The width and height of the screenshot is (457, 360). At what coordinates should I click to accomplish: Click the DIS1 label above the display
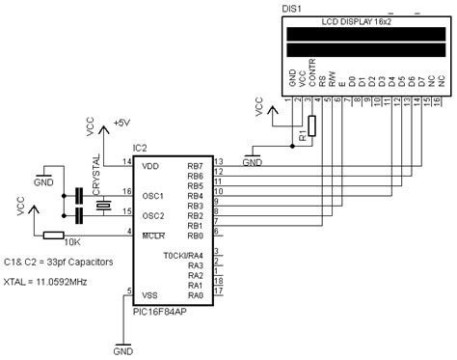pyautogui.click(x=290, y=8)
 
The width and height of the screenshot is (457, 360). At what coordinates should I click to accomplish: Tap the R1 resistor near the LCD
pyautogui.click(x=310, y=126)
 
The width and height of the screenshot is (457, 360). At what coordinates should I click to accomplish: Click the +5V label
pyautogui.click(x=121, y=124)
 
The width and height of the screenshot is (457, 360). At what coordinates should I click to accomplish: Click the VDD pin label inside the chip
pyautogui.click(x=151, y=165)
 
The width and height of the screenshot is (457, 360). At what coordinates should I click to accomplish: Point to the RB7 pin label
pyautogui.click(x=195, y=166)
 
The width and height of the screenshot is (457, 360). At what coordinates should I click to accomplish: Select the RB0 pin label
pyautogui.click(x=195, y=235)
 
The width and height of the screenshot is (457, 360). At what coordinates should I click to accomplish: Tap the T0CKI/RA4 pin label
pyautogui.click(x=183, y=255)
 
